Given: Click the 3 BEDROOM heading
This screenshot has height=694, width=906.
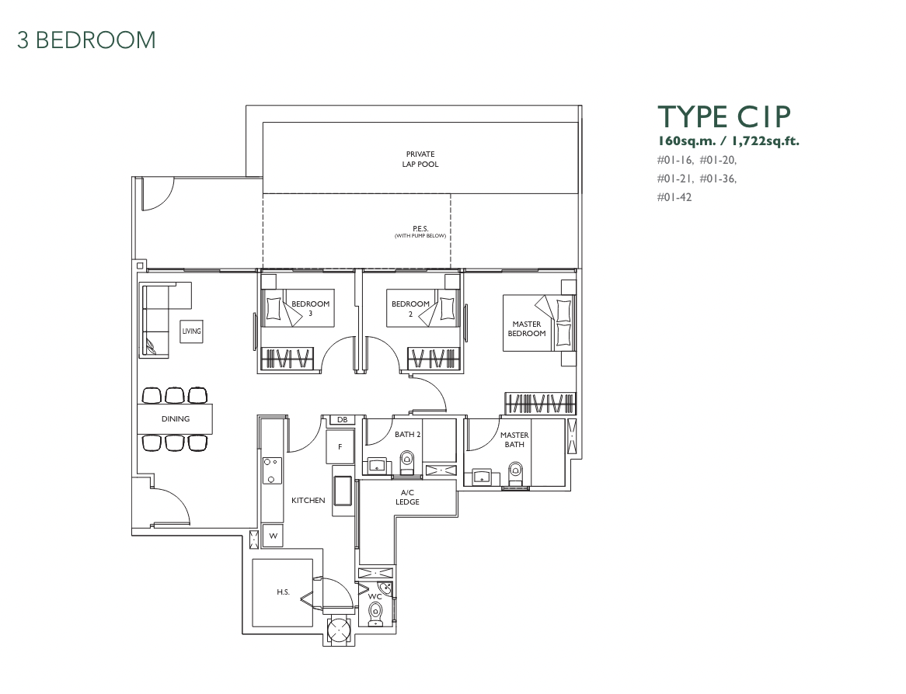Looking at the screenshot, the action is (x=87, y=40).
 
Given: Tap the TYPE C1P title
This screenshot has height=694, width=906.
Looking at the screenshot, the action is (x=724, y=116).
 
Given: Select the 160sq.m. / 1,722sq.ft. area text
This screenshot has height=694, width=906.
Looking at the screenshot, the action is (x=728, y=141).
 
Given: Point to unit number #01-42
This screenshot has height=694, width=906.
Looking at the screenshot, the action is (x=674, y=197).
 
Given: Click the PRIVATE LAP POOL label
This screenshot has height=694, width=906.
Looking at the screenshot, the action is (x=420, y=159).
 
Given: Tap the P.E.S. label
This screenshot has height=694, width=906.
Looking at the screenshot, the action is (x=420, y=229).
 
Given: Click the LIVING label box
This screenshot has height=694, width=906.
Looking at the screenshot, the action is (x=191, y=331).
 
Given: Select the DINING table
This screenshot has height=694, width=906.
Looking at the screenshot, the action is (x=175, y=418).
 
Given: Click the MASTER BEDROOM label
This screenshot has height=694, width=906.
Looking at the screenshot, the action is (x=526, y=328).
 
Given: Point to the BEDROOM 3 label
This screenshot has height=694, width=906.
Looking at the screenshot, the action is (x=310, y=308).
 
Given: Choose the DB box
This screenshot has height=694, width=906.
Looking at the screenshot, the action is (x=342, y=420).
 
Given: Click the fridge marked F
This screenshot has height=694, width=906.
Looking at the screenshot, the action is (x=340, y=446).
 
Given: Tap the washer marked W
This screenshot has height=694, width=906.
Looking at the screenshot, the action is (x=273, y=536).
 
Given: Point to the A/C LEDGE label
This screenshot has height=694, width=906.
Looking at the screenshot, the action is (x=407, y=497).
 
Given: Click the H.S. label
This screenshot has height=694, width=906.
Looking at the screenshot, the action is (x=283, y=592).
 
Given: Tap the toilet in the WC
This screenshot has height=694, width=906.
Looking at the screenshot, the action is (x=375, y=613).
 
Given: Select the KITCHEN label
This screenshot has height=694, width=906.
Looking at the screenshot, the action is (x=308, y=501).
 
